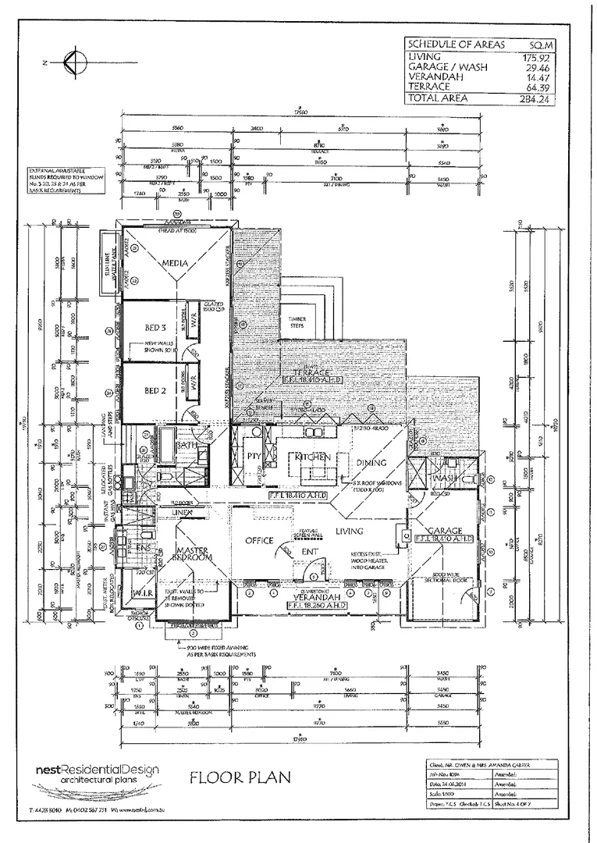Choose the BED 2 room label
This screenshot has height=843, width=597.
(x=157, y=389)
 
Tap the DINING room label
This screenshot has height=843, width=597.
(x=371, y=463)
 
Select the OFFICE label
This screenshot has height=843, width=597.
(x=258, y=539)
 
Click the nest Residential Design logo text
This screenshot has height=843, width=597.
(x=98, y=770)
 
